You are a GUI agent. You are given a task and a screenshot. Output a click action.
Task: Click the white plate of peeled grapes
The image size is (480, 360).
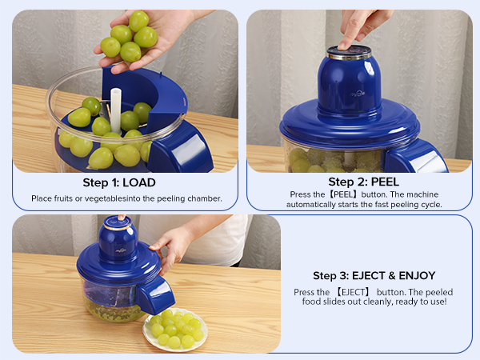coord(175,330)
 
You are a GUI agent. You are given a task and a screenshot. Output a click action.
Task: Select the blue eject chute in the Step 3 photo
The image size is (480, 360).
coord(154,294)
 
